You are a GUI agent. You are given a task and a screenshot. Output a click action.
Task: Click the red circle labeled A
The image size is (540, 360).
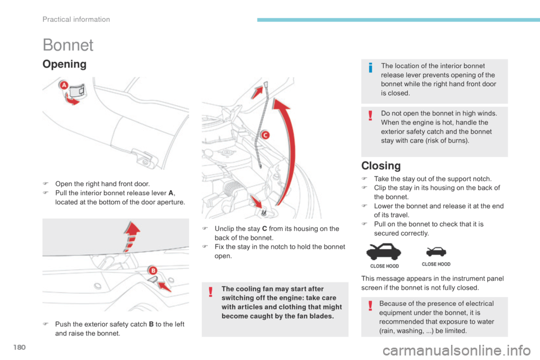[64, 85]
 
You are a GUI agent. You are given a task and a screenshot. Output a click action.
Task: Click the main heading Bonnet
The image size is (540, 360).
[67, 45]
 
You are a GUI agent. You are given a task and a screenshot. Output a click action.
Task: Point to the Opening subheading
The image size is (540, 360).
[64, 64]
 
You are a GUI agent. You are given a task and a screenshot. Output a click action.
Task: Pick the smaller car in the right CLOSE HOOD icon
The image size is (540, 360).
[436, 251]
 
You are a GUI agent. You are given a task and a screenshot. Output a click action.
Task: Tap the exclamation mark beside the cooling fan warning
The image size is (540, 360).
[210, 291]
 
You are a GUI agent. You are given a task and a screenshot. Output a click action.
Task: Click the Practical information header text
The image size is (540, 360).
[76, 19]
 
